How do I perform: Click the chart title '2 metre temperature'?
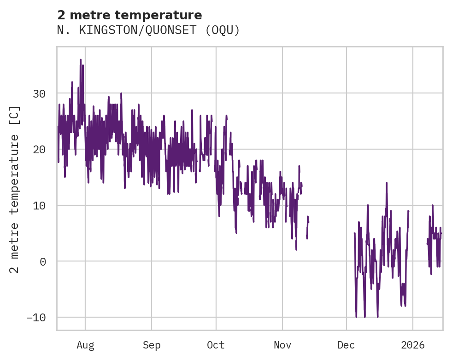click(129, 15)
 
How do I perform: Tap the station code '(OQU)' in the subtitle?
click(223, 30)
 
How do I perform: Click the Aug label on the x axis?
click(85, 345)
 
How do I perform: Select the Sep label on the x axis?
click(151, 345)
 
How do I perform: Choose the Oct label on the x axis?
click(216, 345)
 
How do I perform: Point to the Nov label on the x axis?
click(282, 345)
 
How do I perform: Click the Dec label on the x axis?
click(346, 345)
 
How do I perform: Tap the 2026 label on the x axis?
click(412, 345)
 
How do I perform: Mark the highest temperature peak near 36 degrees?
click(80, 60)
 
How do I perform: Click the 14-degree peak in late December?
click(387, 183)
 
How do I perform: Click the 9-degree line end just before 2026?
click(408, 211)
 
